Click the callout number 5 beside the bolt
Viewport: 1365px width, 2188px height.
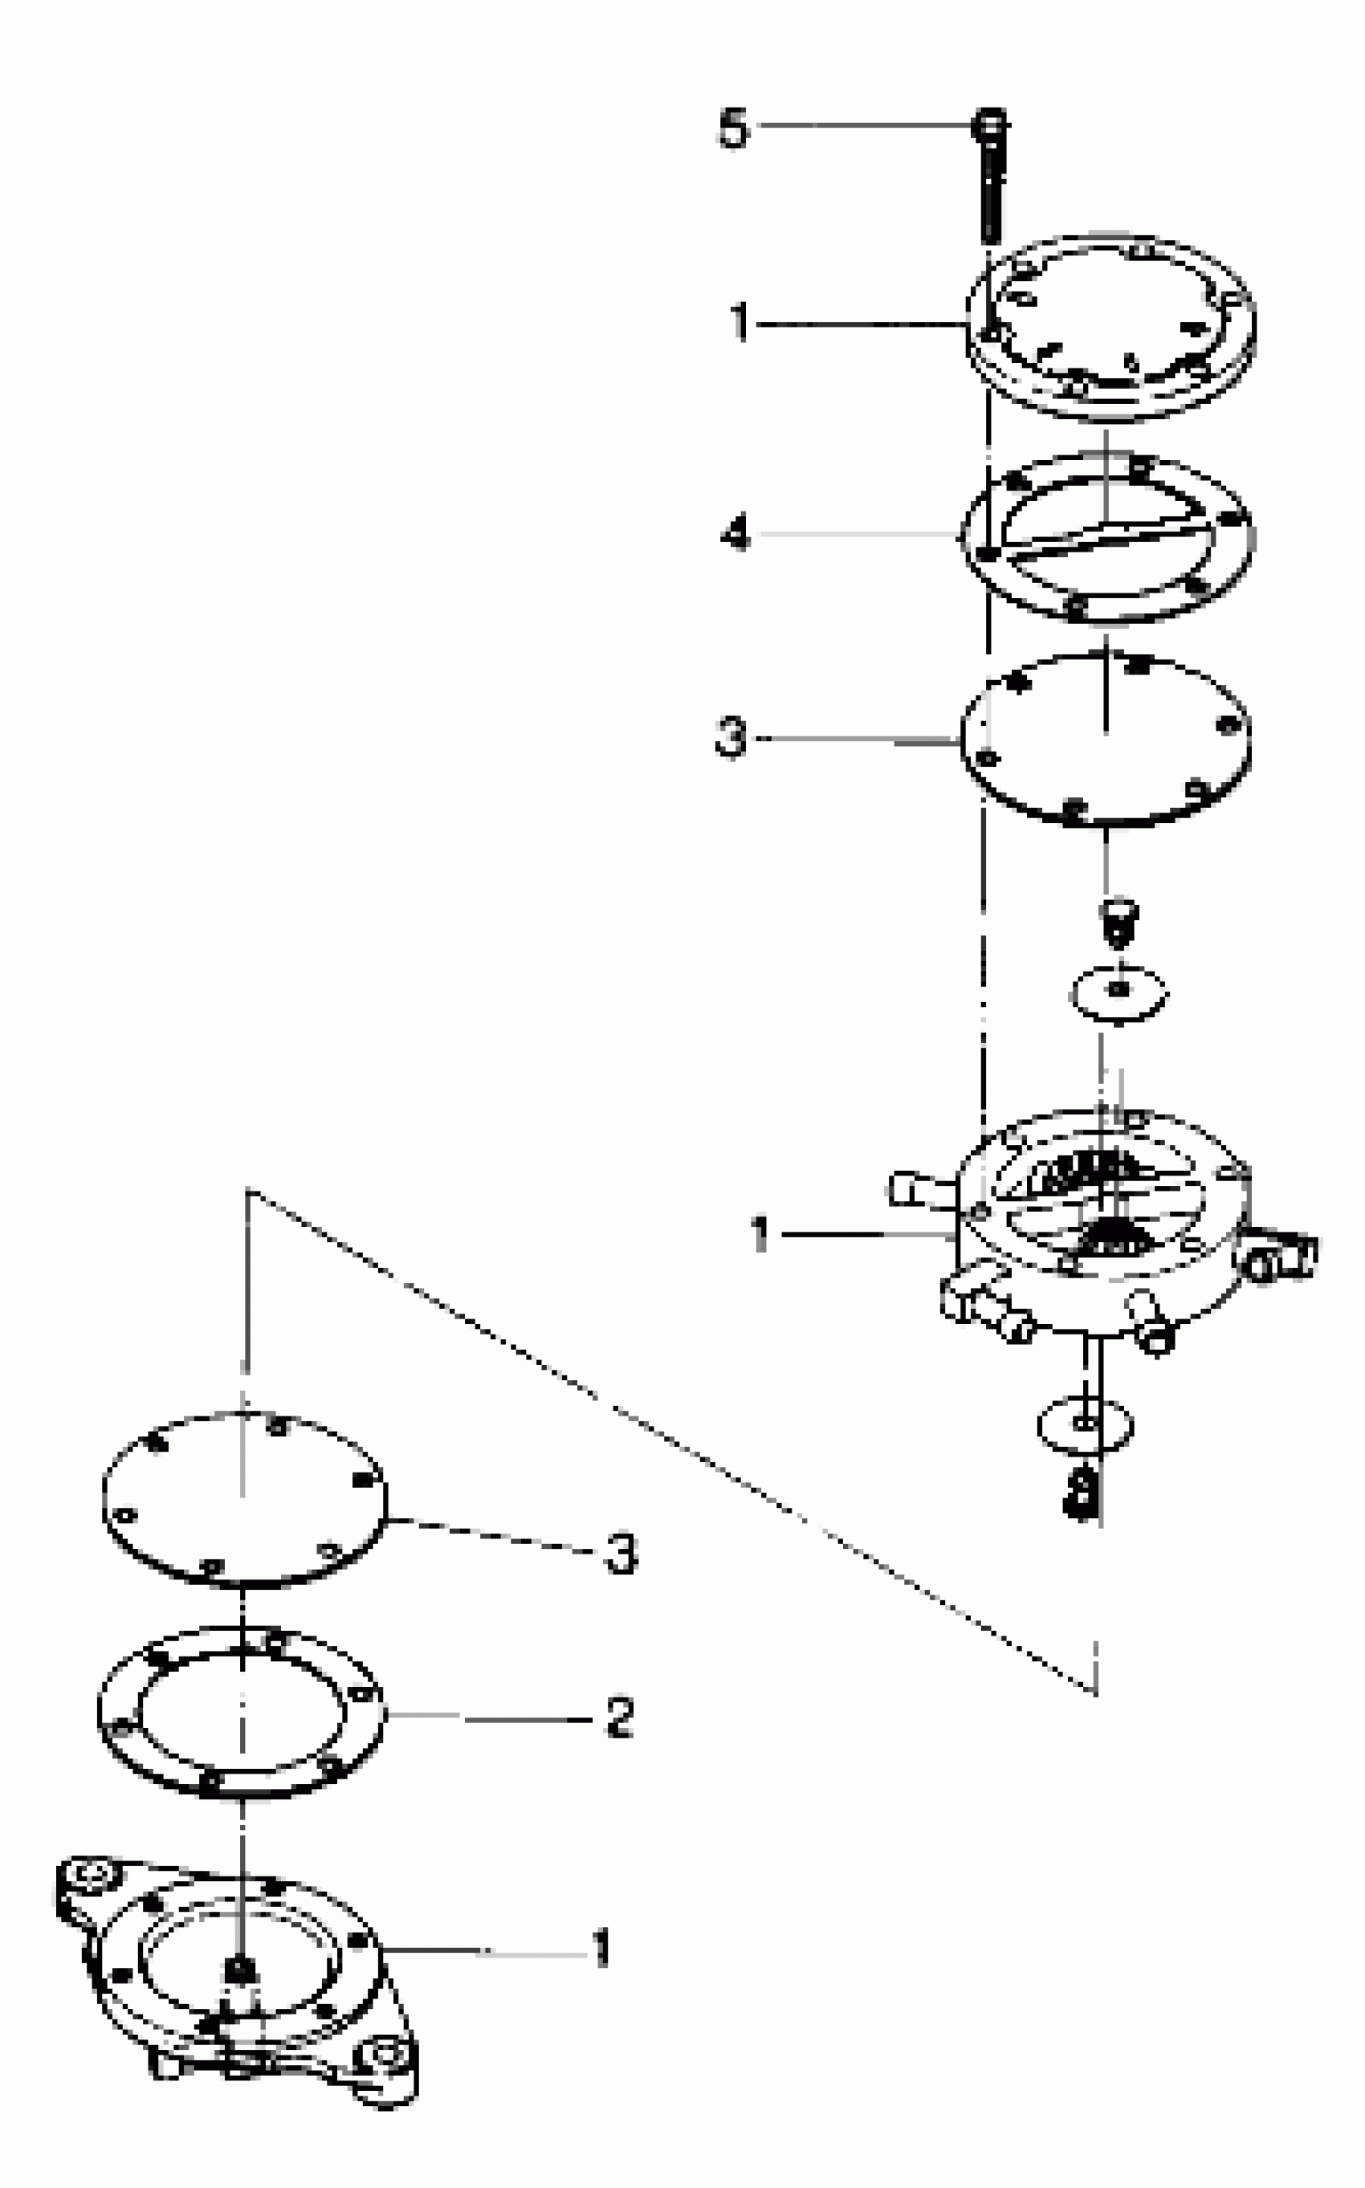pyautogui.click(x=733, y=128)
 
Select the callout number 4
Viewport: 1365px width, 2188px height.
pyautogui.click(x=735, y=535)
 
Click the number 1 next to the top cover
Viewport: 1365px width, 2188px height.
pyautogui.click(x=740, y=322)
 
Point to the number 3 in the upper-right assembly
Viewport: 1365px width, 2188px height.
pyautogui.click(x=731, y=737)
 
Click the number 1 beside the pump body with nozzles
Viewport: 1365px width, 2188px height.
pyautogui.click(x=760, y=1234)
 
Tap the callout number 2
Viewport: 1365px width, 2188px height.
pyautogui.click(x=619, y=1717)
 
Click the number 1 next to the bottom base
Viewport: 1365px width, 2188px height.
pyautogui.click(x=601, y=1949)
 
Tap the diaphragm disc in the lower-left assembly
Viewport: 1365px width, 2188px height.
pyautogui.click(x=244, y=1498)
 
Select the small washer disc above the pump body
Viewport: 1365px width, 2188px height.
pyautogui.click(x=1119, y=991)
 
